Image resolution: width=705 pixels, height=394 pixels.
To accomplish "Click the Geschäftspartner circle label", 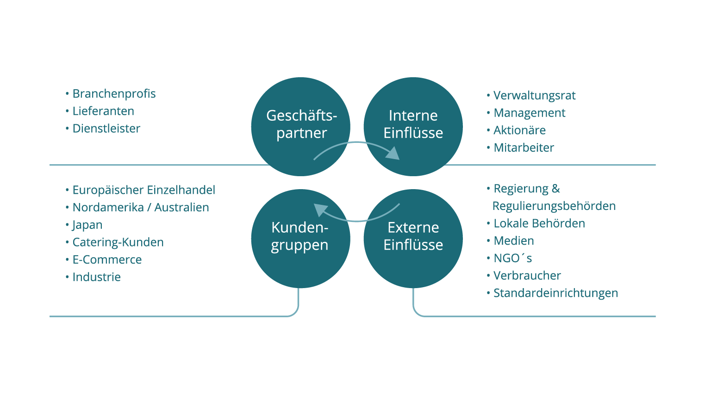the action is (301, 124).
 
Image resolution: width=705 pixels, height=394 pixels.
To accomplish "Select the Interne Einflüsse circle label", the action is (413, 124).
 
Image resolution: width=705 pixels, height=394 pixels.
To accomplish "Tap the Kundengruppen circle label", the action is (300, 236).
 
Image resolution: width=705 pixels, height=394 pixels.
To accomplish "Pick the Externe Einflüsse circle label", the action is (413, 236).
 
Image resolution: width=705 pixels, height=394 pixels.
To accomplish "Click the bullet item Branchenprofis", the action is (114, 94).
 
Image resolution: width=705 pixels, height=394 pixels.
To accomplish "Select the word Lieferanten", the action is (103, 111).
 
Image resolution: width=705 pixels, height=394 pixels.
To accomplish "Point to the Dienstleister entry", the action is (106, 128).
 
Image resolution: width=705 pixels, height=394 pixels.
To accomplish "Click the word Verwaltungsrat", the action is (534, 96).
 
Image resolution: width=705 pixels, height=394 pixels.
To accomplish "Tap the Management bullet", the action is (530, 113).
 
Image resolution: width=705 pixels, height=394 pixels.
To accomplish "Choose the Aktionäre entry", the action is (520, 130).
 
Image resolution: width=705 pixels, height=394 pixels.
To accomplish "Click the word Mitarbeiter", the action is (524, 148).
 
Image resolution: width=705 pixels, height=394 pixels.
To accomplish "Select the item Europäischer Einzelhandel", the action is (144, 190).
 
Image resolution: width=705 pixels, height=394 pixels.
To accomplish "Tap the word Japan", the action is (87, 225).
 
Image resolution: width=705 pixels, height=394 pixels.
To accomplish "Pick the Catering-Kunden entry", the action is (118, 242).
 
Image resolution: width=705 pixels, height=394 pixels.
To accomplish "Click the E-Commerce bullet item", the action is (107, 260).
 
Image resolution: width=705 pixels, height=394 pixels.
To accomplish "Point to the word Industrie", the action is (97, 277).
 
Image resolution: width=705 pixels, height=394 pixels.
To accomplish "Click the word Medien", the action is (514, 241).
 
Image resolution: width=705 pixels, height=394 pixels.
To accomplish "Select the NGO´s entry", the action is (513, 258).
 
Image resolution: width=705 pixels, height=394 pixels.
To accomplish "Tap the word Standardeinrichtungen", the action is (556, 293).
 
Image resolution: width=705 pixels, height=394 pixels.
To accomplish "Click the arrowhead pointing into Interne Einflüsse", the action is (393, 154).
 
